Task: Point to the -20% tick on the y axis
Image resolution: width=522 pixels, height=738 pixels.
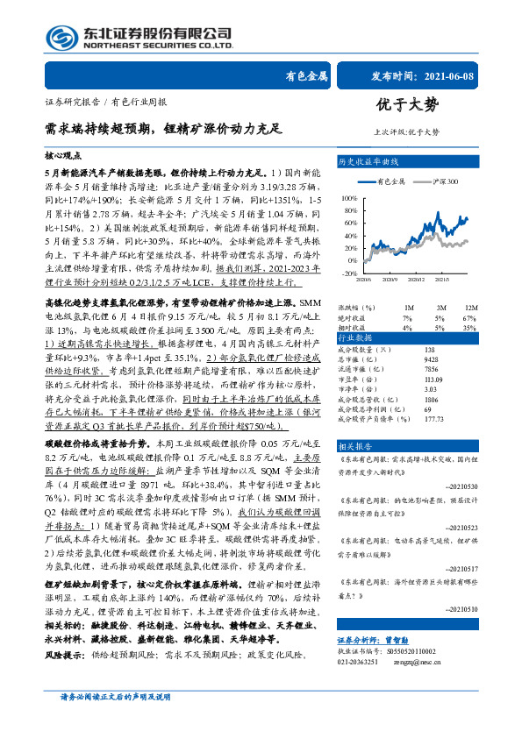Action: (x=350, y=273)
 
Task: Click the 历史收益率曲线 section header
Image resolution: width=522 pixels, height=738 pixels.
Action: (x=368, y=163)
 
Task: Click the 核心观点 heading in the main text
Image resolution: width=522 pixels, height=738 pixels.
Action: (x=61, y=155)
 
